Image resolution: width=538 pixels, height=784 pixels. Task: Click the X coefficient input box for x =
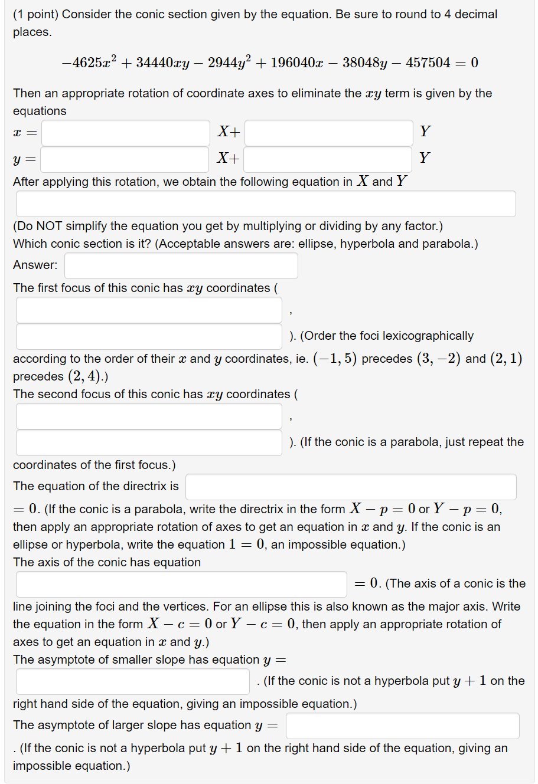[x=125, y=133]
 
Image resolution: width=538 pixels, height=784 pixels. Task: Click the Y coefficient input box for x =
[x=328, y=133]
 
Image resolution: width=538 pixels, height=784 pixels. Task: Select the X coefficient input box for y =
[x=125, y=159]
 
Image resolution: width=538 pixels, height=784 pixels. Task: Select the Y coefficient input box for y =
[x=327, y=159]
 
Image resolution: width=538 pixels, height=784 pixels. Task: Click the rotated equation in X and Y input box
[x=266, y=204]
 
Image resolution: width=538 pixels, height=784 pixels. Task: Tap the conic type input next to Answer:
[x=181, y=265]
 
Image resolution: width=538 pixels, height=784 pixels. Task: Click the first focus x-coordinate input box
[x=149, y=310]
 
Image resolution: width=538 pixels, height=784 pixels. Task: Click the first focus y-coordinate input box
[x=149, y=336]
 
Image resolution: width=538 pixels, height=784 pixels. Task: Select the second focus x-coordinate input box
[x=149, y=416]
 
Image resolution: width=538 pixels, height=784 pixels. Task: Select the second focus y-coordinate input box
[x=149, y=442]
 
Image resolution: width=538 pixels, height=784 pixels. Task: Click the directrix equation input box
[x=351, y=487]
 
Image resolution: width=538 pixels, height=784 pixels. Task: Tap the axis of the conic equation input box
[x=181, y=584]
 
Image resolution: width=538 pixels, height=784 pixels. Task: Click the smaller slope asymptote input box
[x=133, y=681]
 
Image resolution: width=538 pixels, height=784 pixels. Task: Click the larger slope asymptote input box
[x=402, y=726]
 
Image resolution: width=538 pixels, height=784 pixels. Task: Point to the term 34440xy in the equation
[x=162, y=63]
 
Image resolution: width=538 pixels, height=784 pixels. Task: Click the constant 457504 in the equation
[x=428, y=63]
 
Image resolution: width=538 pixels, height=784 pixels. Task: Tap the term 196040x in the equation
[x=297, y=63]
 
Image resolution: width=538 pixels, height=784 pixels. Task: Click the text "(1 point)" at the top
[x=35, y=14]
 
